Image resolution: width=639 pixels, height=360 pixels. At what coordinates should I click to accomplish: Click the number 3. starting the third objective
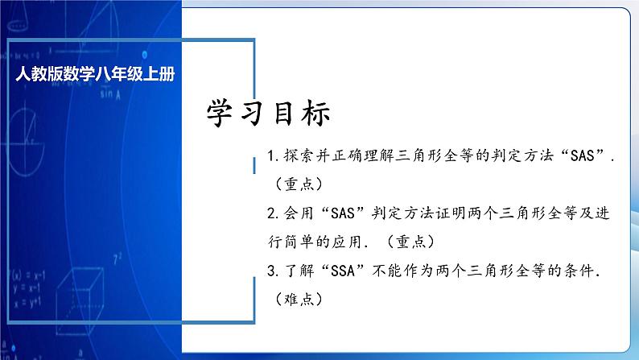[270, 271]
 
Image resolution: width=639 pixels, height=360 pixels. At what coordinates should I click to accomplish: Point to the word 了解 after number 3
[295, 271]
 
